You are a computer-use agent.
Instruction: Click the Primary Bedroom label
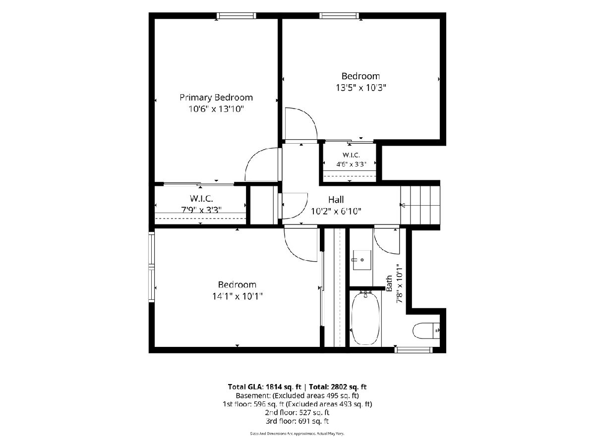pos(216,98)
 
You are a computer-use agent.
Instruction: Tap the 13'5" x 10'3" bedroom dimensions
pos(361,88)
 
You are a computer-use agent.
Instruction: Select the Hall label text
pos(336,200)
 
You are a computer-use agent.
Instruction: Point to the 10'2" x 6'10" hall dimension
pos(336,211)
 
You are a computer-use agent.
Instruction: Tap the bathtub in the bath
pos(365,319)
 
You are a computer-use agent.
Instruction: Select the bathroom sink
pos(362,260)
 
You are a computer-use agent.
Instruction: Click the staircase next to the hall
pos(420,205)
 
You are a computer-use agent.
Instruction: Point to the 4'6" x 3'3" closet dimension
pos(352,164)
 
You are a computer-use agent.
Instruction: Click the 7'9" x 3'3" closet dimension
pos(201,210)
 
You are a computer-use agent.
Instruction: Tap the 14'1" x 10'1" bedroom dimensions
pos(237,296)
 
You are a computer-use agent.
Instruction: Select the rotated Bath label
pos(389,283)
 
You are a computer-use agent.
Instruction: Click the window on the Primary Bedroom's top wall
pos(237,16)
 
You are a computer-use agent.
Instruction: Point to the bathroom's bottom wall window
pos(414,350)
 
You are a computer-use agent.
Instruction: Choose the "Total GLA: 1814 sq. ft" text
pos(265,387)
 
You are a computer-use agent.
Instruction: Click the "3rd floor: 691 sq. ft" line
pos(297,421)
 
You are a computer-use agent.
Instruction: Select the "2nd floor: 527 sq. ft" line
pos(297,412)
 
